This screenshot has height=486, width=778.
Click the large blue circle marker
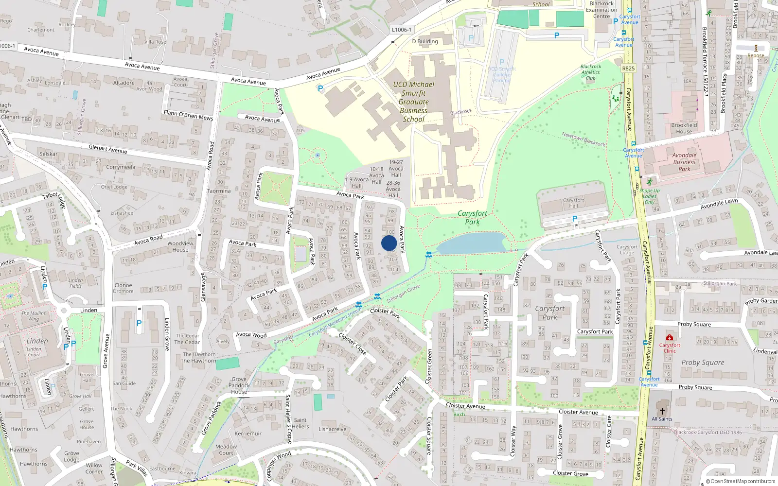[x=389, y=243]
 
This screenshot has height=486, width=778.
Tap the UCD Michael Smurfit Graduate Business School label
[x=414, y=102]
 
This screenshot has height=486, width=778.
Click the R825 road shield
[x=628, y=69]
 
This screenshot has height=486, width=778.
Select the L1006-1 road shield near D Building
[x=402, y=30]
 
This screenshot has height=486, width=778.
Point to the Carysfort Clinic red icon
[x=670, y=338]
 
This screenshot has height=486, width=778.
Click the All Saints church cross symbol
[x=662, y=411]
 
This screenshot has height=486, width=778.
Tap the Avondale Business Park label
[x=684, y=162]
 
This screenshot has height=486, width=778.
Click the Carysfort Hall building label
[x=574, y=203]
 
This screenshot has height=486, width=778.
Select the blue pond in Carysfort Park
[x=471, y=243]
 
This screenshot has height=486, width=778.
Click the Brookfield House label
[x=684, y=128]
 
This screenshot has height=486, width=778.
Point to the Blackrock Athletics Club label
[x=591, y=72]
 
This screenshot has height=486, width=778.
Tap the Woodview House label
[x=180, y=246]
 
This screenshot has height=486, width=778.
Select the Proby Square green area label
[x=703, y=363]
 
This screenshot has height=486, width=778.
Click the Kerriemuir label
[x=248, y=434]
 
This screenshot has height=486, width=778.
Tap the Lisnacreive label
[x=333, y=429]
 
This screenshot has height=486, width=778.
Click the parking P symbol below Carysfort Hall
[x=575, y=219]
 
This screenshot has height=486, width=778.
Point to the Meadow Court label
[x=226, y=450]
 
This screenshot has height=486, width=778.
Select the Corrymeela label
[x=121, y=167]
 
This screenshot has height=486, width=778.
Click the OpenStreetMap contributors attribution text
[x=740, y=481]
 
